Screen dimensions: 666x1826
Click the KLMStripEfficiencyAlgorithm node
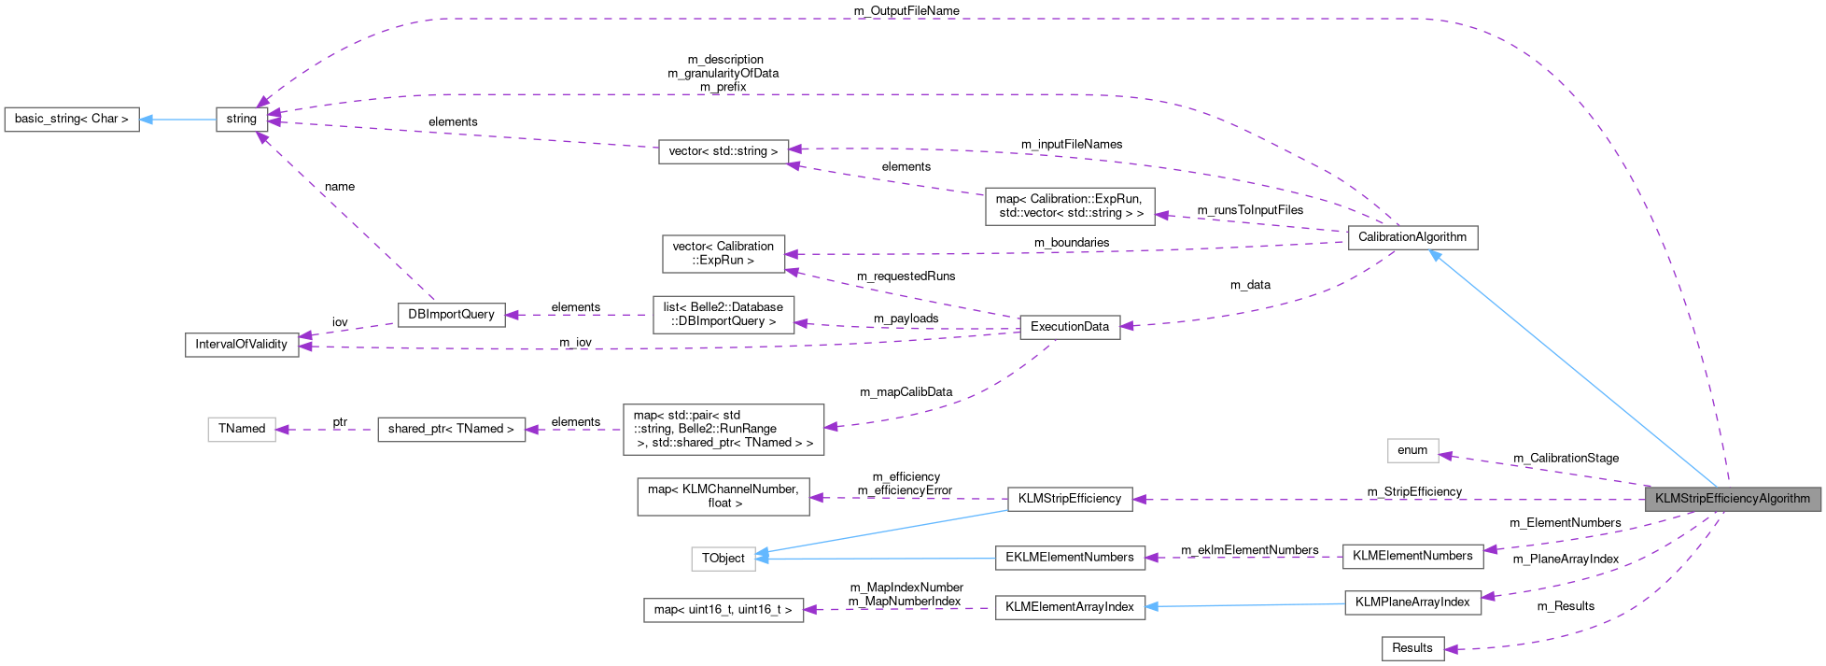click(x=1732, y=499)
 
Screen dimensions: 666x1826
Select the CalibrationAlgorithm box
click(x=1412, y=237)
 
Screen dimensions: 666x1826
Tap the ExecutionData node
click(x=1069, y=327)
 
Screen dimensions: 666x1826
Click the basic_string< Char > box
click(x=72, y=120)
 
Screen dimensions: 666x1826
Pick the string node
click(x=242, y=120)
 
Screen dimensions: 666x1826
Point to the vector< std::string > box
click(x=723, y=151)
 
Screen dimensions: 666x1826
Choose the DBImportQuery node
click(x=451, y=315)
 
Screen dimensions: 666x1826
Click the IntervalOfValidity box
click(x=241, y=345)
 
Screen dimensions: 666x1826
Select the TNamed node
click(x=241, y=429)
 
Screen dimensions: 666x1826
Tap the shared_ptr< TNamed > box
click(x=451, y=430)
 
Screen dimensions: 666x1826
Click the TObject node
click(x=723, y=559)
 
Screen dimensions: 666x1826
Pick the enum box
click(x=1412, y=450)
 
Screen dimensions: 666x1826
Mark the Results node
click(x=1412, y=648)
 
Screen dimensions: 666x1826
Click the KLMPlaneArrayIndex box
click(x=1412, y=602)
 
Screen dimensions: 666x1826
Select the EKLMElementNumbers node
click(x=1069, y=558)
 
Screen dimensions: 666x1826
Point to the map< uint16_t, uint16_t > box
click(x=723, y=610)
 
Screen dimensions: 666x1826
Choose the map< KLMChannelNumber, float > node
click(x=723, y=496)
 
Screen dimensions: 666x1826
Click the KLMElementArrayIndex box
click(x=1069, y=607)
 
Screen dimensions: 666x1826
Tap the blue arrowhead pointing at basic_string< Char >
click(x=147, y=120)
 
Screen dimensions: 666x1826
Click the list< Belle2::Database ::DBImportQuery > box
click(x=723, y=315)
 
